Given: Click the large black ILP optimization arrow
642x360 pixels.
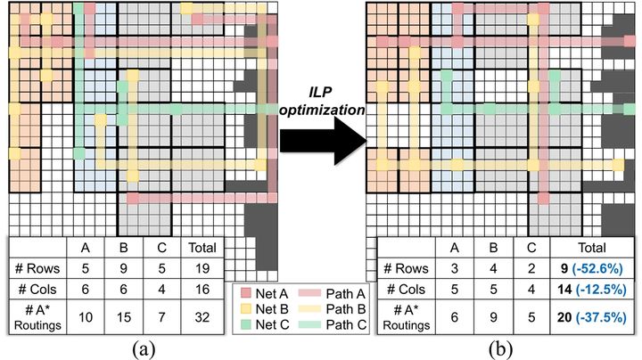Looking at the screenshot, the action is (324, 141).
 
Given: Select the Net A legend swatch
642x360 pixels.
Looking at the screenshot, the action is (246, 293).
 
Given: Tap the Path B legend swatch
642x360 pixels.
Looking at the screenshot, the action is (310, 309).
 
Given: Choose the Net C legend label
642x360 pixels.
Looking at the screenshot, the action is (272, 324).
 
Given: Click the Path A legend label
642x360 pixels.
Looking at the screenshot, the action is (346, 294).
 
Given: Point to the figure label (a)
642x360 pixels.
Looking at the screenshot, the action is (144, 349).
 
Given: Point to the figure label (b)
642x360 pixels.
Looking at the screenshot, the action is (500, 349).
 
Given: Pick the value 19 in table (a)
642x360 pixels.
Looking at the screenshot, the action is (202, 268).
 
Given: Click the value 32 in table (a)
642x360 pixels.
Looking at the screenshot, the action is (202, 317).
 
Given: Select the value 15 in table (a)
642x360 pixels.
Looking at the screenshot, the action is (124, 317).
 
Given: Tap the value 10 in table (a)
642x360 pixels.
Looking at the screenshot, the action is (86, 317).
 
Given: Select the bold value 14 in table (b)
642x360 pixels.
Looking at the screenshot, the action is (564, 290).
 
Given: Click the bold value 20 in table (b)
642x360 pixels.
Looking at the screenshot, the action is (564, 317).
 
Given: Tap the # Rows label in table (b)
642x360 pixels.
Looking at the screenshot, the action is (406, 269).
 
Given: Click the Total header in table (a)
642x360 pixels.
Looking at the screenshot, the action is (202, 248).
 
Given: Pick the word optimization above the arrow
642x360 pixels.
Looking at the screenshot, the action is (323, 110).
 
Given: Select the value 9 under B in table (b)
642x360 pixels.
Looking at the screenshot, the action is (493, 317).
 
